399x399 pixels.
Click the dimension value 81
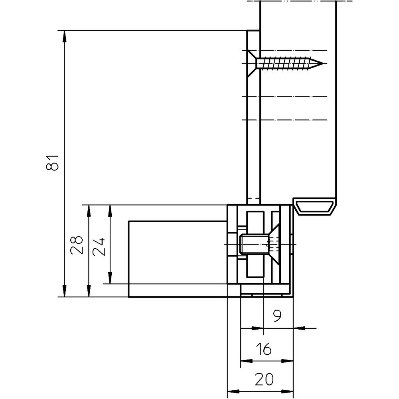tap(53, 163)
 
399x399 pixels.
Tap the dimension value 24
tap(99, 247)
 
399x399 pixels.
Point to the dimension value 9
tap(277, 316)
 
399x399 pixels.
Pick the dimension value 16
tap(264, 349)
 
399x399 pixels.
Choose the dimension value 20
tap(264, 379)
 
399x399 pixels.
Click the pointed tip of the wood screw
tap(323, 63)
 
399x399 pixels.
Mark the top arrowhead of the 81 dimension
tap(64, 37)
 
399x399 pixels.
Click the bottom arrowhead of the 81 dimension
tap(64, 291)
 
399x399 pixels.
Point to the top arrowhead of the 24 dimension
tap(110, 211)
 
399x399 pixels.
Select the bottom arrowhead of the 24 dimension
tap(110, 278)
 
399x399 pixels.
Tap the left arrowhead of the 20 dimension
tap(233, 391)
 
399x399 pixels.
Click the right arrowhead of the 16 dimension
tap(287, 361)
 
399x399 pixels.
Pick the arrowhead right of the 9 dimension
tap(299, 328)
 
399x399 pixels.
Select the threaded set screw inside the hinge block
tap(254, 244)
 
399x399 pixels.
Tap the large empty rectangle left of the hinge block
tap(178, 259)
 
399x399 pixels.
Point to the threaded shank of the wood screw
tap(285, 63)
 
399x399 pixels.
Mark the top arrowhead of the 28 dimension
tap(89, 211)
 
